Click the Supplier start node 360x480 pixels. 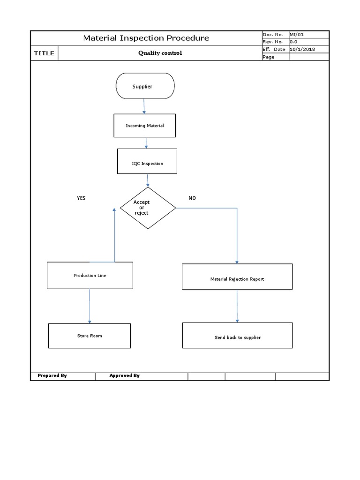click(145, 86)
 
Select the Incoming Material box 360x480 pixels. click(145, 126)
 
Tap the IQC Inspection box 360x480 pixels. click(147, 164)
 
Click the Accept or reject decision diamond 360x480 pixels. click(148, 208)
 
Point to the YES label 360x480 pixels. click(81, 198)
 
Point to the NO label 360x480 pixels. click(192, 198)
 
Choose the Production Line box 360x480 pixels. click(90, 276)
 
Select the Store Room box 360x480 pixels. click(90, 336)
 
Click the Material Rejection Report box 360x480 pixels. click(237, 279)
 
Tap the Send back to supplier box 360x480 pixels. click(237, 337)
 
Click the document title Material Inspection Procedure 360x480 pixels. click(146, 38)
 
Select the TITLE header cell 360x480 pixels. click(44, 53)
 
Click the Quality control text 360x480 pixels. click(160, 53)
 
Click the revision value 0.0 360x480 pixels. click(293, 42)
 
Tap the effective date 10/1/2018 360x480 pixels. click(302, 49)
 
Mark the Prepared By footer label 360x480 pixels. click(52, 375)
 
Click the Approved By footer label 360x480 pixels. click(124, 375)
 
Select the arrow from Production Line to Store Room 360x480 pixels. click(90, 306)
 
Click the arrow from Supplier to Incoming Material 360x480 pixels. click(144, 106)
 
